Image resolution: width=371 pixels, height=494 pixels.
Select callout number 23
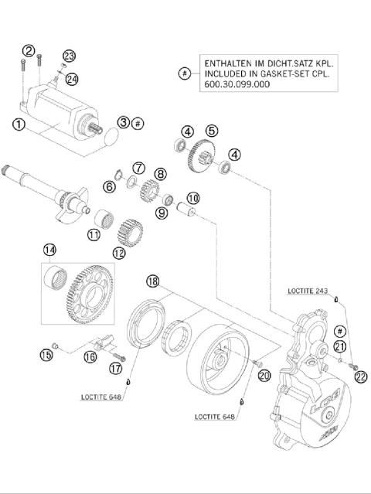click(x=70, y=56)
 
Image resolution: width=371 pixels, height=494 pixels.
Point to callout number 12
click(x=118, y=252)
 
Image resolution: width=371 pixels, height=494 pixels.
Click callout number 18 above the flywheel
click(x=153, y=282)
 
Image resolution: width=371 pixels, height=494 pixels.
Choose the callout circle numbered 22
click(x=359, y=377)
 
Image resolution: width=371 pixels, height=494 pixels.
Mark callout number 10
click(x=192, y=198)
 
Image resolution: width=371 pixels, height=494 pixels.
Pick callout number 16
click(x=90, y=356)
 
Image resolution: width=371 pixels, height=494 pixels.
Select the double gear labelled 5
click(x=201, y=158)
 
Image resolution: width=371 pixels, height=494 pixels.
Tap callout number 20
click(x=264, y=376)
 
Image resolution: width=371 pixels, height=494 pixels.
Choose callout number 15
click(x=46, y=355)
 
